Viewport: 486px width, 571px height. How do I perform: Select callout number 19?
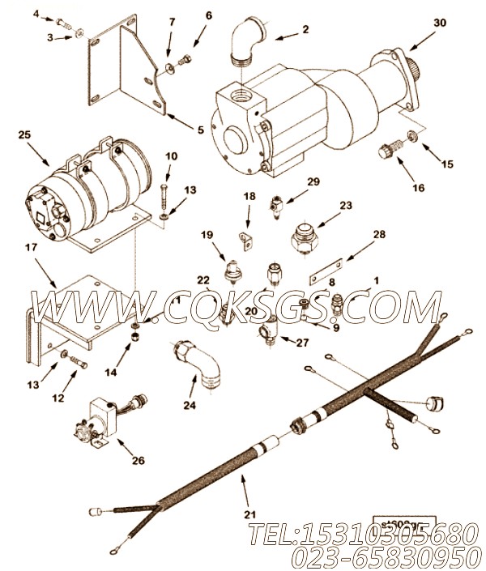(207, 235)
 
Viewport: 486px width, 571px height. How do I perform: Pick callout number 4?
(37, 14)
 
